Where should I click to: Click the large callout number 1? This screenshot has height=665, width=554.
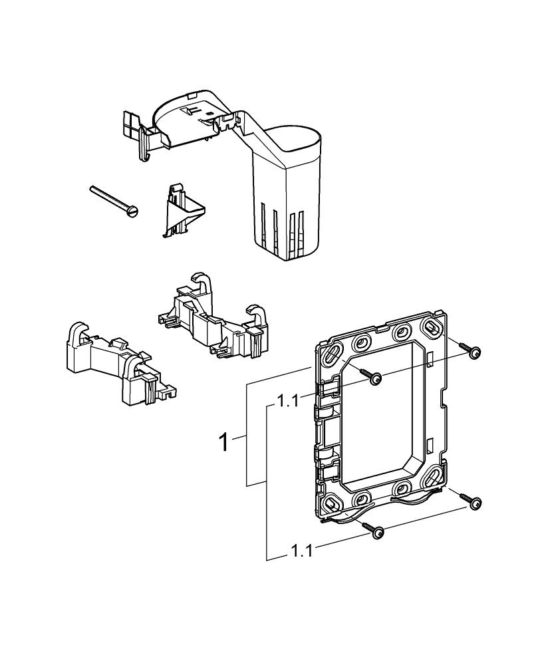pos(226,442)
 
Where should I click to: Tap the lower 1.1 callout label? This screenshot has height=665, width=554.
pos(302,551)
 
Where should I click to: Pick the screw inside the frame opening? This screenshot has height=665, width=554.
pos(375,378)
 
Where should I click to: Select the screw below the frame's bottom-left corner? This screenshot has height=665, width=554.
pos(378,531)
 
